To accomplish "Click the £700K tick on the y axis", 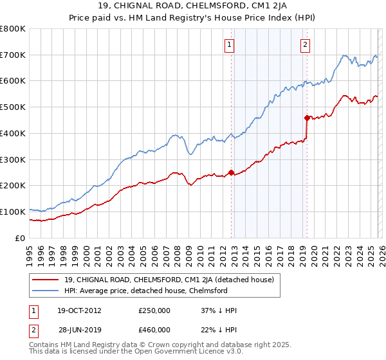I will [x=13, y=55].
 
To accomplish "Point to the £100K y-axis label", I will [x=13, y=212].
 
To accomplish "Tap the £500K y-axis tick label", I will [x=13, y=107].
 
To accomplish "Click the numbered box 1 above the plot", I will [x=230, y=44].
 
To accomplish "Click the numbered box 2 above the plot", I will [x=304, y=44].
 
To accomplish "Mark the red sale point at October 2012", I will [x=231, y=172].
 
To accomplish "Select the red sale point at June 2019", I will [x=306, y=118].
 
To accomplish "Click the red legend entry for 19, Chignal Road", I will [x=169, y=280].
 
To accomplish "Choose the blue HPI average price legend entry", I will [x=154, y=291].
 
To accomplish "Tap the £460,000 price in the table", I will [x=154, y=329].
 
